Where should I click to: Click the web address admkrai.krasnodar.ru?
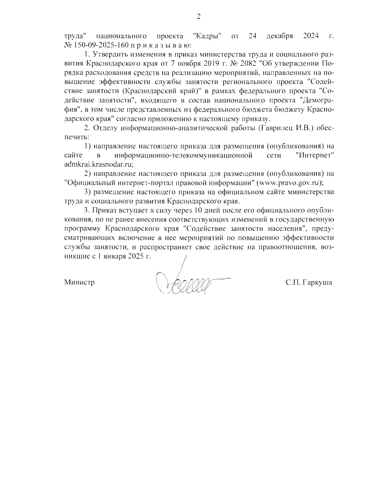99,164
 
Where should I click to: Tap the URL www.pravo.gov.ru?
290,182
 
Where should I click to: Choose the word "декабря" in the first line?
279,37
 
